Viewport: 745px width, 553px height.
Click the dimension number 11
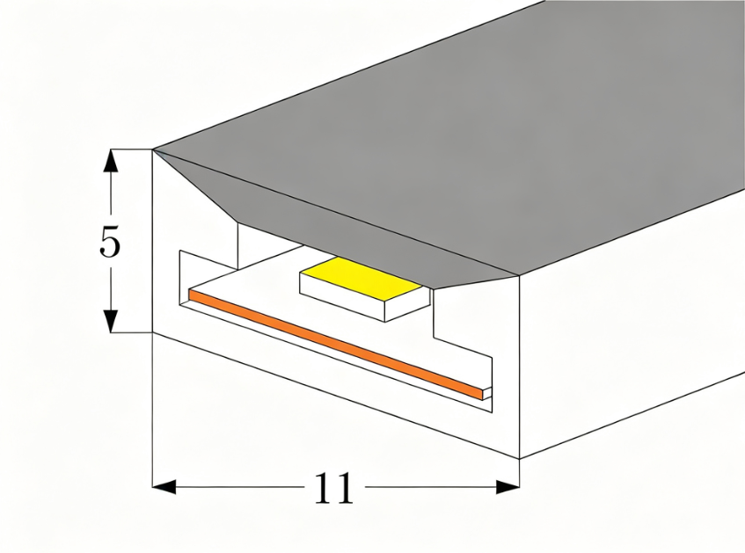(x=334, y=487)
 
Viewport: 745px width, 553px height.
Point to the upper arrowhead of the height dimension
(x=111, y=161)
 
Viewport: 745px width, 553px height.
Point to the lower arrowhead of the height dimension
(x=111, y=321)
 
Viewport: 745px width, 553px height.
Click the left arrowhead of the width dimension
(x=164, y=487)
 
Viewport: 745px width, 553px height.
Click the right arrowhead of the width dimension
(x=508, y=487)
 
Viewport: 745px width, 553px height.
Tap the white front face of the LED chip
(x=341, y=296)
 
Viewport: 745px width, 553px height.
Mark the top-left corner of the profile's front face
(x=152, y=150)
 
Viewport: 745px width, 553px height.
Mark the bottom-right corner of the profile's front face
(x=519, y=459)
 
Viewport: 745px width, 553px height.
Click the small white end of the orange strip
(x=486, y=394)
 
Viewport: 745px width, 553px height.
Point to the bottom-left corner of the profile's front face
(x=152, y=332)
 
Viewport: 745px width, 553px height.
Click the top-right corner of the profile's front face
(x=518, y=275)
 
